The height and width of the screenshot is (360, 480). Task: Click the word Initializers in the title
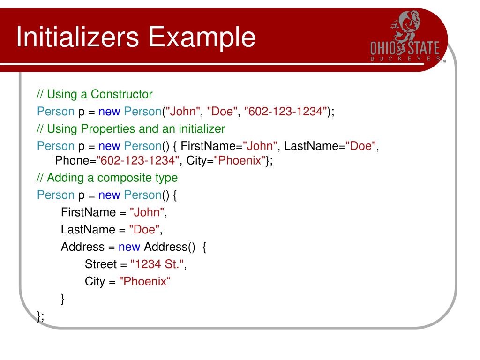coord(78,38)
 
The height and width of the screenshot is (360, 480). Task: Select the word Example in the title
coord(203,38)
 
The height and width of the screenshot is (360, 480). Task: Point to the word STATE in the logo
coord(423,48)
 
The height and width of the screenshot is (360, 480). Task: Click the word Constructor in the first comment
coord(122,94)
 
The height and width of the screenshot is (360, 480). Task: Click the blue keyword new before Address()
coord(129,247)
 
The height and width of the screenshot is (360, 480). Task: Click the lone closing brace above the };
coord(63,299)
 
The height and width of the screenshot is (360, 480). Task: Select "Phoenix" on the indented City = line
coord(143,281)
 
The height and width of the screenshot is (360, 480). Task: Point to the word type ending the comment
coord(166,178)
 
